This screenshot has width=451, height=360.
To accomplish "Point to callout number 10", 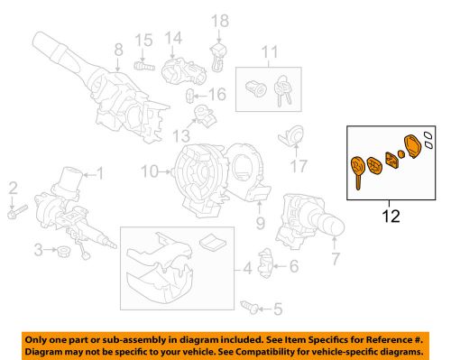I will click(x=150, y=170).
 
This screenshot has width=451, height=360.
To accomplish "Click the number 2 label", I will click(x=13, y=187).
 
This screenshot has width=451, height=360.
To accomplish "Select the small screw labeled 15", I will click(x=142, y=66).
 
